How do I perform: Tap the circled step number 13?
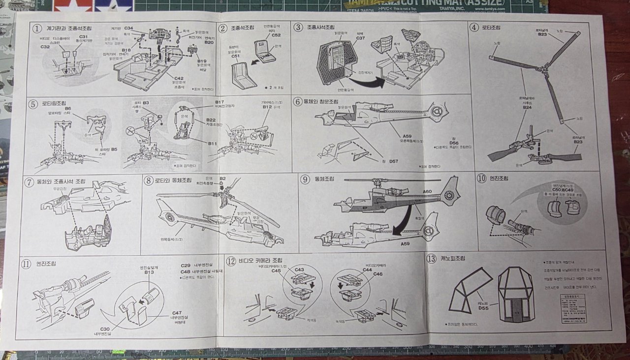point(431,259)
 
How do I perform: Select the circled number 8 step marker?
point(148,180)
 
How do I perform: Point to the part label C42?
point(179,78)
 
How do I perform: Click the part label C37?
point(360,38)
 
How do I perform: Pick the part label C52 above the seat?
point(276,35)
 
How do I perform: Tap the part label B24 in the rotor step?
point(527,107)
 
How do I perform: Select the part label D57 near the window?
point(393,161)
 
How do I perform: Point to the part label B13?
point(150,272)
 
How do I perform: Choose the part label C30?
point(105,329)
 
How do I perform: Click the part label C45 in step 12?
point(276,271)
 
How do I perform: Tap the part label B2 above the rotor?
point(222,179)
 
